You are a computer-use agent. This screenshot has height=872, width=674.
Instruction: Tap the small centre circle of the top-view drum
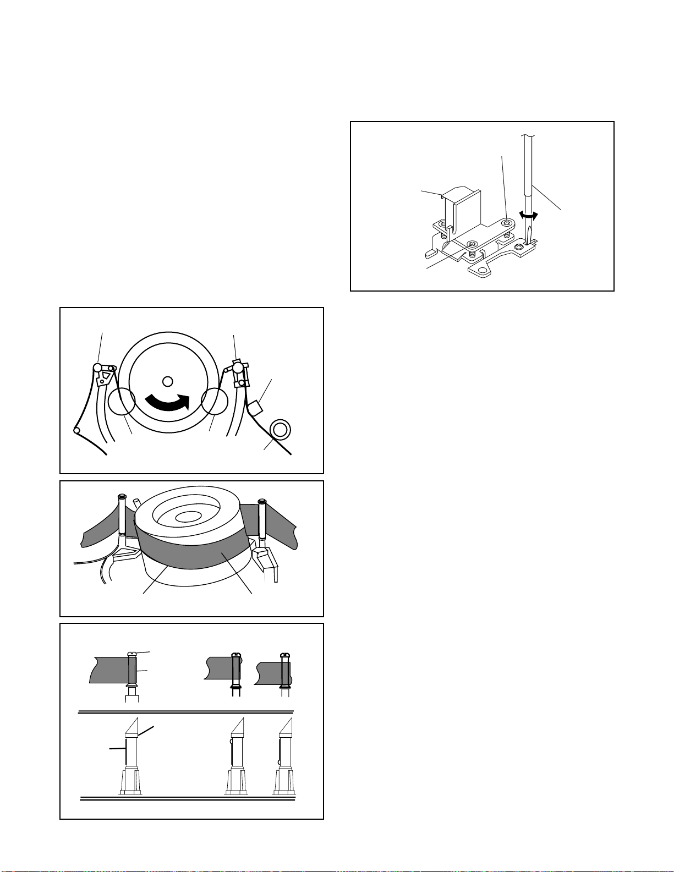click(x=168, y=380)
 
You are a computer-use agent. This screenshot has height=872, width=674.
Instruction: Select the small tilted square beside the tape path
click(x=255, y=408)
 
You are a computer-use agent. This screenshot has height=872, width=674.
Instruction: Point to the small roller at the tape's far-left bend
click(x=77, y=430)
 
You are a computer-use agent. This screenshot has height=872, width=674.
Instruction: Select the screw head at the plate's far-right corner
click(x=507, y=222)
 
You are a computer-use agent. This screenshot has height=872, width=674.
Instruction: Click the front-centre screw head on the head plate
click(x=471, y=244)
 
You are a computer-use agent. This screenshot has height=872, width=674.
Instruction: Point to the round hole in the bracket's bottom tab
click(x=483, y=271)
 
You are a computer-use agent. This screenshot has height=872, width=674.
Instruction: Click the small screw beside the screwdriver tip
click(x=519, y=248)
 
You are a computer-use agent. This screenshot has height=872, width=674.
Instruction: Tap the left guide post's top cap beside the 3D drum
click(x=122, y=497)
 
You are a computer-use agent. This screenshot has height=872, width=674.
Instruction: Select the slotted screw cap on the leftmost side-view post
click(x=131, y=654)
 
